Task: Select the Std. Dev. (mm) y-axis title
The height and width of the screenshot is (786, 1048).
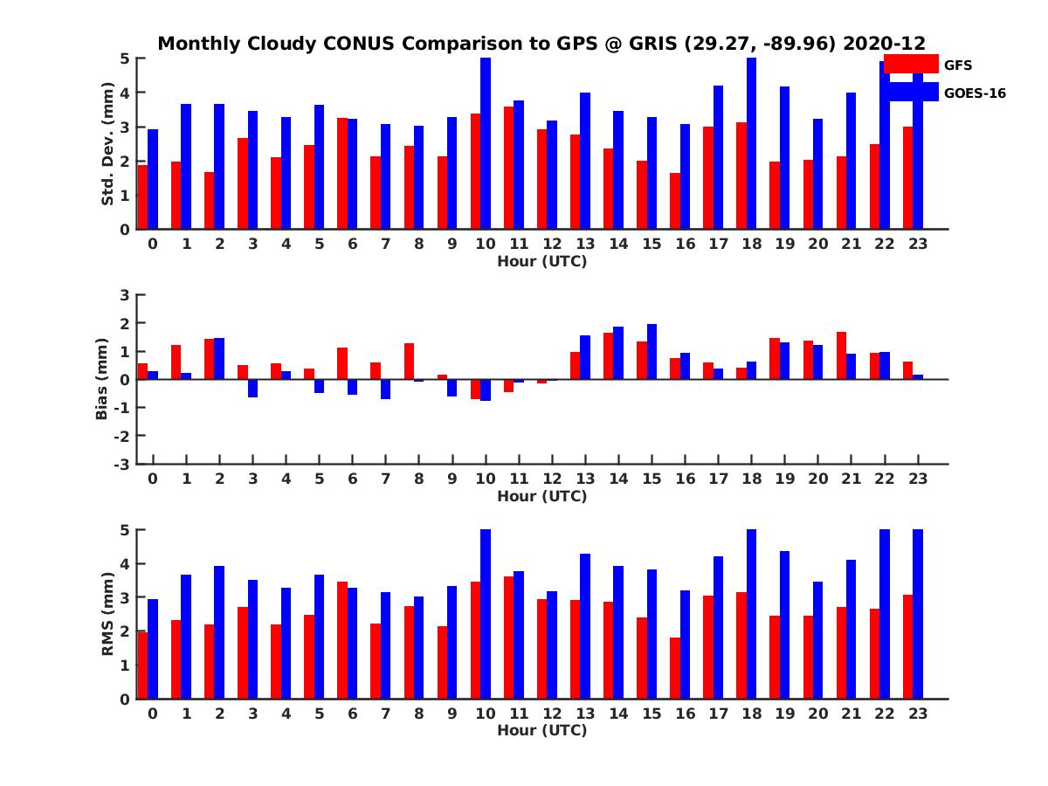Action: click(107, 144)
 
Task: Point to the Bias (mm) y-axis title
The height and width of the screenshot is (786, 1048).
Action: click(103, 378)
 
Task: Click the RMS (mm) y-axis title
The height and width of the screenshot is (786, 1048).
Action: click(107, 614)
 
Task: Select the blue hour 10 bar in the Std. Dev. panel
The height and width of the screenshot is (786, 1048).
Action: click(486, 144)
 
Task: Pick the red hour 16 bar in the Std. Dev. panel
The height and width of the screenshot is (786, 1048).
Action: click(675, 201)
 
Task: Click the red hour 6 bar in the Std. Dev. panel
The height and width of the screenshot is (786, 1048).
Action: click(342, 174)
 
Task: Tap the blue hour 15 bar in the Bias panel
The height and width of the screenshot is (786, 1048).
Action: click(652, 351)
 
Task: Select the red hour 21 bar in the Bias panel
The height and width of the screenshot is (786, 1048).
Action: click(841, 355)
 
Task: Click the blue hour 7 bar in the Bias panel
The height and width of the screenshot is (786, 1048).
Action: click(385, 390)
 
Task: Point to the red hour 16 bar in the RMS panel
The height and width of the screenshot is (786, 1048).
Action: click(675, 668)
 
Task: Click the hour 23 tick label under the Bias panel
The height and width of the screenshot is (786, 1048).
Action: click(917, 479)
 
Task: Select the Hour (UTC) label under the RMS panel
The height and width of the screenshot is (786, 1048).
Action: click(541, 730)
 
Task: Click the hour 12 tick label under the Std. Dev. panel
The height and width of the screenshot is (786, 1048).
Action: click(552, 244)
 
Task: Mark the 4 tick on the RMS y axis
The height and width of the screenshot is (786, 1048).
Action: click(125, 563)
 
